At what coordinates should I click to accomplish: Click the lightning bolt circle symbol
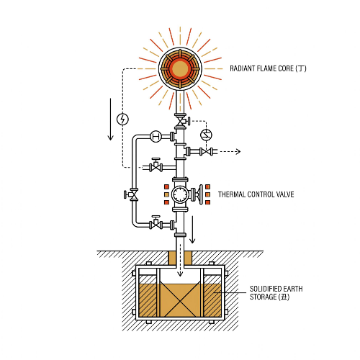(x=122, y=120)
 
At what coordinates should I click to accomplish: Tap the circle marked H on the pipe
(x=156, y=136)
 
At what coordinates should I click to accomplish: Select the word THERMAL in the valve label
(x=232, y=194)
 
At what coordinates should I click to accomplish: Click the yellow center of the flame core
(x=180, y=68)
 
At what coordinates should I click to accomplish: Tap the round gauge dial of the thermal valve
(x=179, y=194)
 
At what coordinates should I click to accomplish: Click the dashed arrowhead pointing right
(x=238, y=151)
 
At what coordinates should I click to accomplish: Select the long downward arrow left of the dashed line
(x=110, y=119)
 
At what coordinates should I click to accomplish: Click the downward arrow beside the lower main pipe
(x=192, y=230)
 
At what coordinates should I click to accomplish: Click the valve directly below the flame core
(x=181, y=121)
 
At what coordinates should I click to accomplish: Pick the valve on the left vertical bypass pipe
(x=132, y=194)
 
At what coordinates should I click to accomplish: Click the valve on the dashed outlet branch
(x=206, y=152)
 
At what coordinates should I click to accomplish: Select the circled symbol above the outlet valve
(x=206, y=135)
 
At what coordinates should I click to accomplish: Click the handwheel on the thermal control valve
(x=201, y=194)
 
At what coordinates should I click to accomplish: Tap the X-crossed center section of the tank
(x=180, y=300)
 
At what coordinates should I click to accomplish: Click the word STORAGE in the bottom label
(x=264, y=297)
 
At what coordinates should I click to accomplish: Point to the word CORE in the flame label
(x=286, y=68)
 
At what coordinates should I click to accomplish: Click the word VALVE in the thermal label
(x=285, y=194)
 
